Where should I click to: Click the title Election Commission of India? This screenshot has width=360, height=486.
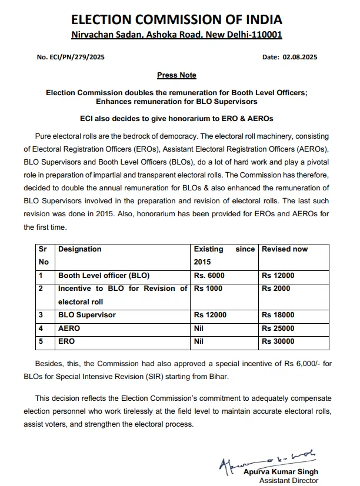pos(176,19)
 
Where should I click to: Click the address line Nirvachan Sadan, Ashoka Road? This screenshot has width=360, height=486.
pos(176,35)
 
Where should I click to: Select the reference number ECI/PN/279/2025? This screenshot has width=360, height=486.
pos(71,57)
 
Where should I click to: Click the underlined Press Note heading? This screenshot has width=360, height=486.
pos(176,75)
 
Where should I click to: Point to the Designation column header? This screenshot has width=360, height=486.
pos(80,249)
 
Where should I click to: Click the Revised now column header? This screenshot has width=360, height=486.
pos(285,249)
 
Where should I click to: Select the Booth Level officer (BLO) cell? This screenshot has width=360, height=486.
pos(104,275)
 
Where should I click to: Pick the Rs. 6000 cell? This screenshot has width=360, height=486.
pos(209,275)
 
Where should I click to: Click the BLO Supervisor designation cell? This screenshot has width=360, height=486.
pos(86,315)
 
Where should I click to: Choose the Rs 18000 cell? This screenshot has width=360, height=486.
pos(278,315)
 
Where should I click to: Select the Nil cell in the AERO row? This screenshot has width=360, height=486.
pos(199,329)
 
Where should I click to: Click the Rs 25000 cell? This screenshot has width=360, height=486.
pos(278,329)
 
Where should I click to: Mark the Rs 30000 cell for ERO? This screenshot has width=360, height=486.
pos(278,341)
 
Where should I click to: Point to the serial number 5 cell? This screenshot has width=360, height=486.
pos(41,341)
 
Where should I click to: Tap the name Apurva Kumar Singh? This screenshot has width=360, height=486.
pos(281,472)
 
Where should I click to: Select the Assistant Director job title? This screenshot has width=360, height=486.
pos(289,481)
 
